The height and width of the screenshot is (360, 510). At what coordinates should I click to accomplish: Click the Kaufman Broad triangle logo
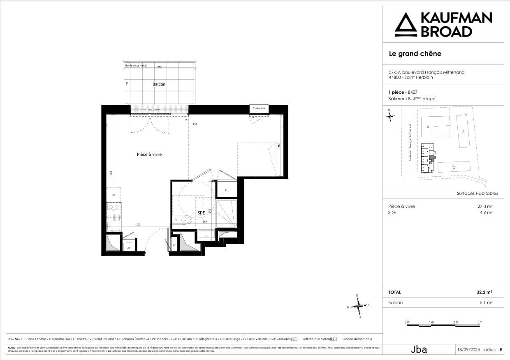point(405,25)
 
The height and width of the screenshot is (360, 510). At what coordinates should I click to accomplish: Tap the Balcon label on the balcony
point(159,84)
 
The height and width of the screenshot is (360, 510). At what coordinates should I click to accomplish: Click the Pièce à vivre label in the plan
point(149,155)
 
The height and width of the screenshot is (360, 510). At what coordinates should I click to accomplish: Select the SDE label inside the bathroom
point(201,213)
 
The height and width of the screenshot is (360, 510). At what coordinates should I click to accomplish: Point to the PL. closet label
point(226,190)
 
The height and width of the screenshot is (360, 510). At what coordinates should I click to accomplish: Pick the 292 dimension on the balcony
point(160,67)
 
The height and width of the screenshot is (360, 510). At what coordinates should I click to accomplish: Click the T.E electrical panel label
point(174,244)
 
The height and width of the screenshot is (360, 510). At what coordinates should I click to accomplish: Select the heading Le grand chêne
point(415,53)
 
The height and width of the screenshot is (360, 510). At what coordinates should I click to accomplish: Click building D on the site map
point(463,131)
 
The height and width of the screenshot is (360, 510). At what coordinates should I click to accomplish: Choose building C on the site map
point(454,167)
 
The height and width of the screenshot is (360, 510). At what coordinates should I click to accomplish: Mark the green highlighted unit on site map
point(431,157)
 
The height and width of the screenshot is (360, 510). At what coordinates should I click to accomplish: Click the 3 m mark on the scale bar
point(480,322)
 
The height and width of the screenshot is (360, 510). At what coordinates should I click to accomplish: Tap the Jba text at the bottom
point(419,350)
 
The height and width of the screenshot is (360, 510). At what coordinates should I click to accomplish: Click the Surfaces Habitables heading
point(477,193)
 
